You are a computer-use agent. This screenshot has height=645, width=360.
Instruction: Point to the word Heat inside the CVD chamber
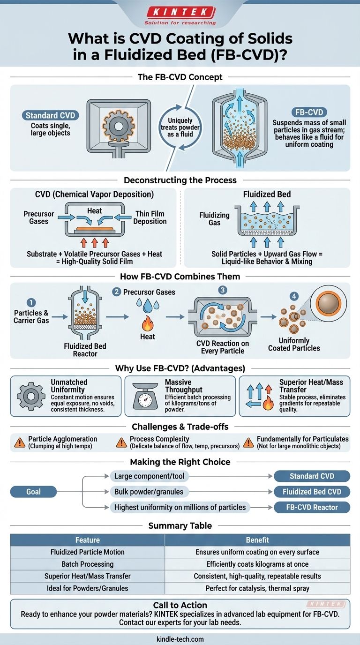pos(94,211)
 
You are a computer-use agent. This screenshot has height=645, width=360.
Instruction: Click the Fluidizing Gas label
pos(214,219)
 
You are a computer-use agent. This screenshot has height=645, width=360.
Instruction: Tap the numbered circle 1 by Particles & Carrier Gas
pos(32,303)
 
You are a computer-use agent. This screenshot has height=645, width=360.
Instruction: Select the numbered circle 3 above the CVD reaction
pos(222,290)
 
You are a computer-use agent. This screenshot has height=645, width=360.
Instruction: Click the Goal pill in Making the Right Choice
pos(33,492)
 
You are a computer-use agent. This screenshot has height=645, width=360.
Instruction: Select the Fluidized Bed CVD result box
pos(312,492)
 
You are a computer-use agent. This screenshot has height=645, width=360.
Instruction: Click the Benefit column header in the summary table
pos(257,540)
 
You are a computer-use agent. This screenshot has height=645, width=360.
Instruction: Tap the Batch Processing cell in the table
pos(88,564)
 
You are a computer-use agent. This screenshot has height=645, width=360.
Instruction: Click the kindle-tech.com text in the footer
pos(180,638)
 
